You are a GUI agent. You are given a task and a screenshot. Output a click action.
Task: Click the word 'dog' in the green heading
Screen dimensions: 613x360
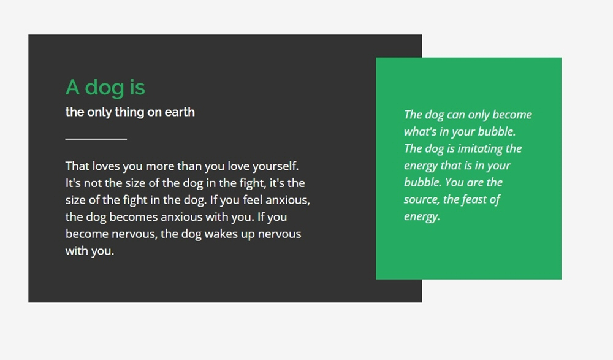coord(104,88)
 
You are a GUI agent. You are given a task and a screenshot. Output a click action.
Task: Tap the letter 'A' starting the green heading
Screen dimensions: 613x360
coord(73,87)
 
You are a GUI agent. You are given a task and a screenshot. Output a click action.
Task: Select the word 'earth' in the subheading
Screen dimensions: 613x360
coord(180,112)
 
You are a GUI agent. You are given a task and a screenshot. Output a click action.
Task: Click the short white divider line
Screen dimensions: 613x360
coord(96,139)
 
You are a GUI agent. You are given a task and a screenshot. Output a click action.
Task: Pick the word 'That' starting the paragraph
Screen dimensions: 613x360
coord(77,166)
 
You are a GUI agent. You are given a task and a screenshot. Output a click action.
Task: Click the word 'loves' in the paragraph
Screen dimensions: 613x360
coord(106,166)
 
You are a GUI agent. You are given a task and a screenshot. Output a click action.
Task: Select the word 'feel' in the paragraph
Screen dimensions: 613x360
coord(253,200)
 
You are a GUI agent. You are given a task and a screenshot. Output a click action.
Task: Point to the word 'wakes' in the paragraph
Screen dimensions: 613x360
coord(219,234)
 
